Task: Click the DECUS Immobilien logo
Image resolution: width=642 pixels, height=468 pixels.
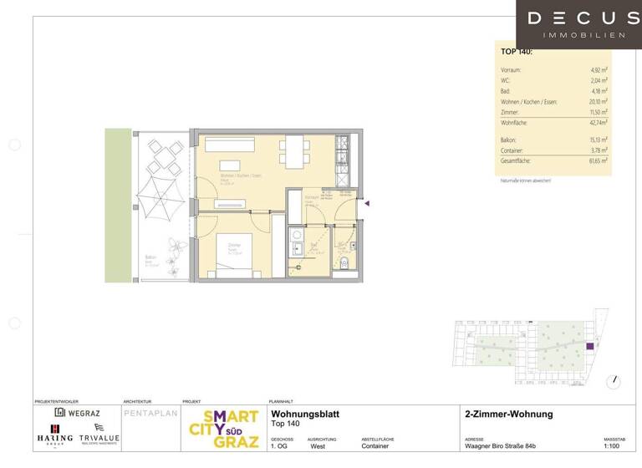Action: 583,24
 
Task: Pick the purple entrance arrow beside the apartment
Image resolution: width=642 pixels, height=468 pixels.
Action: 367,201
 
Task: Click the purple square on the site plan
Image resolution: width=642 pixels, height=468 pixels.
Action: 589,346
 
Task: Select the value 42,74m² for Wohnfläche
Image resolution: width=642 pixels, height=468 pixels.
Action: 594,122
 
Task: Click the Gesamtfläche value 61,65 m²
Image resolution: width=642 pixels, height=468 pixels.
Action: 594,160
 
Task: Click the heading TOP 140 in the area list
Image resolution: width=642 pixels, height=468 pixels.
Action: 517,53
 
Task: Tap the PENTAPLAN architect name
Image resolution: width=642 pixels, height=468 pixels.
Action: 150,413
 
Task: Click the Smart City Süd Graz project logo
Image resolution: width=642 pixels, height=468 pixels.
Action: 222,429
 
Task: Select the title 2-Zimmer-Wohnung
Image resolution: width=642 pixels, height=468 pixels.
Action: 508,415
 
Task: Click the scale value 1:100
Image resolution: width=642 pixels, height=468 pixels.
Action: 614,447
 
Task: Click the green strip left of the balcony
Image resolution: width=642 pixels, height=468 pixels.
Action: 118,205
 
